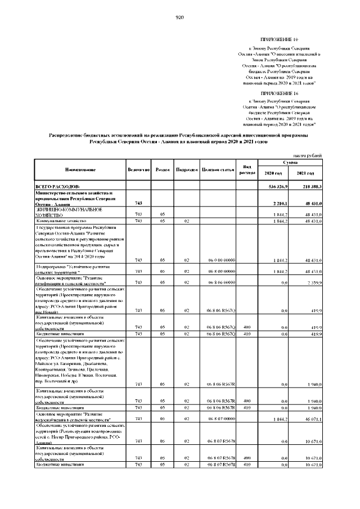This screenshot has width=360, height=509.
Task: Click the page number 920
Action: click(180, 17)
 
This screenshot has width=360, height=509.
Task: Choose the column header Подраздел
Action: click(186, 169)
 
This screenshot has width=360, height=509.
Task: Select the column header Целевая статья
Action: click(218, 169)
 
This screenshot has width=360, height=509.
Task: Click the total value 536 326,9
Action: click(278, 186)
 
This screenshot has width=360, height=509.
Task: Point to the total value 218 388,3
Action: click(310, 186)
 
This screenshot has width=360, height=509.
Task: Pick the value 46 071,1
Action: click(312, 420)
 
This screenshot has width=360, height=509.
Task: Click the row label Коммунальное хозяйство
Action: click(60, 221)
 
